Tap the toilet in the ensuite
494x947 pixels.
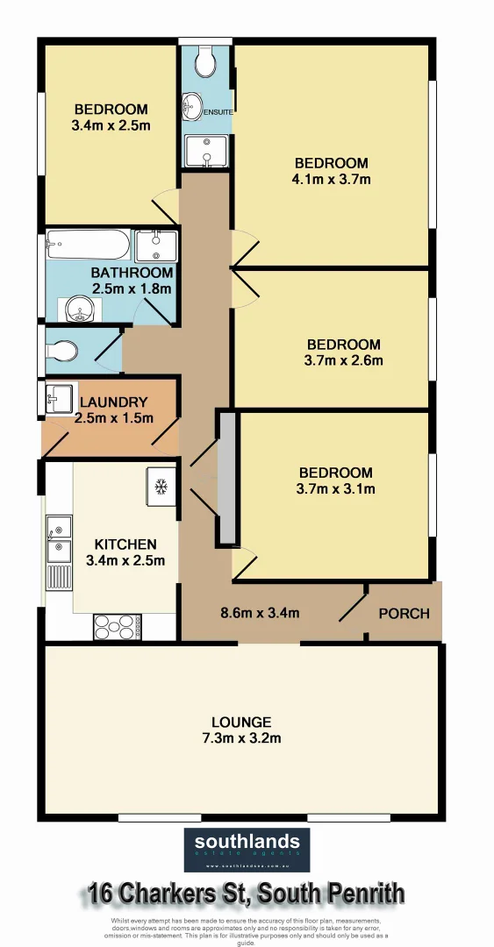click(206, 61)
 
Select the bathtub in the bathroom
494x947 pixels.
click(88, 245)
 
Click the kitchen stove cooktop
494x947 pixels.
click(117, 627)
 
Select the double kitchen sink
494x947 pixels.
click(60, 539)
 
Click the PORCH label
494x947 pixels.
click(404, 613)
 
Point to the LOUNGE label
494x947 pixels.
click(246, 723)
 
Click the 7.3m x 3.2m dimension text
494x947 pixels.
click(246, 738)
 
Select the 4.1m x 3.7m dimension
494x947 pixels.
click(332, 180)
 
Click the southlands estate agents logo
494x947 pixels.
click(247, 849)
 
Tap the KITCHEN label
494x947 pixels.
click(125, 545)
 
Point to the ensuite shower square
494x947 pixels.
click(206, 152)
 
